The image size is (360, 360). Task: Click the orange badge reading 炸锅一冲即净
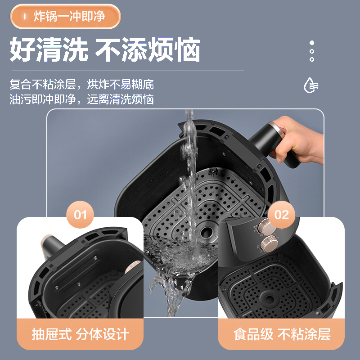pos(66,17)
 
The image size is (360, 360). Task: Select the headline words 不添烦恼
pos(148,50)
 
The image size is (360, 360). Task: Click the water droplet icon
pos(311,85)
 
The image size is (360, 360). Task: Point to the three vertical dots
pos(311,51)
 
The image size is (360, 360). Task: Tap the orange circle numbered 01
pos(80,214)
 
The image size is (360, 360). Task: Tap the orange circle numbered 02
pos(281,214)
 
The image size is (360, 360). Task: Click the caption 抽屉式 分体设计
pos(80,334)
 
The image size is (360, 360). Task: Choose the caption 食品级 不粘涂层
pos(282,334)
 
